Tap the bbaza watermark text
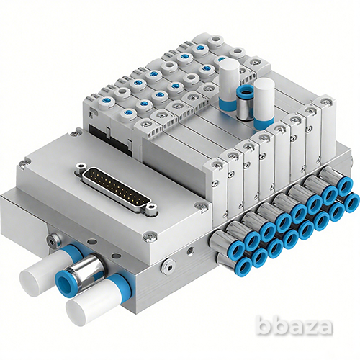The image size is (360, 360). (x=294, y=326)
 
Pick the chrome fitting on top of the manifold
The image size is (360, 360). (x=245, y=102)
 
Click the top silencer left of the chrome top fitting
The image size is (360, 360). (x=229, y=85)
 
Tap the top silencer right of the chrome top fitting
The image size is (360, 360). (x=264, y=103)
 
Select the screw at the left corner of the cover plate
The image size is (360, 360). (x=24, y=164)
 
